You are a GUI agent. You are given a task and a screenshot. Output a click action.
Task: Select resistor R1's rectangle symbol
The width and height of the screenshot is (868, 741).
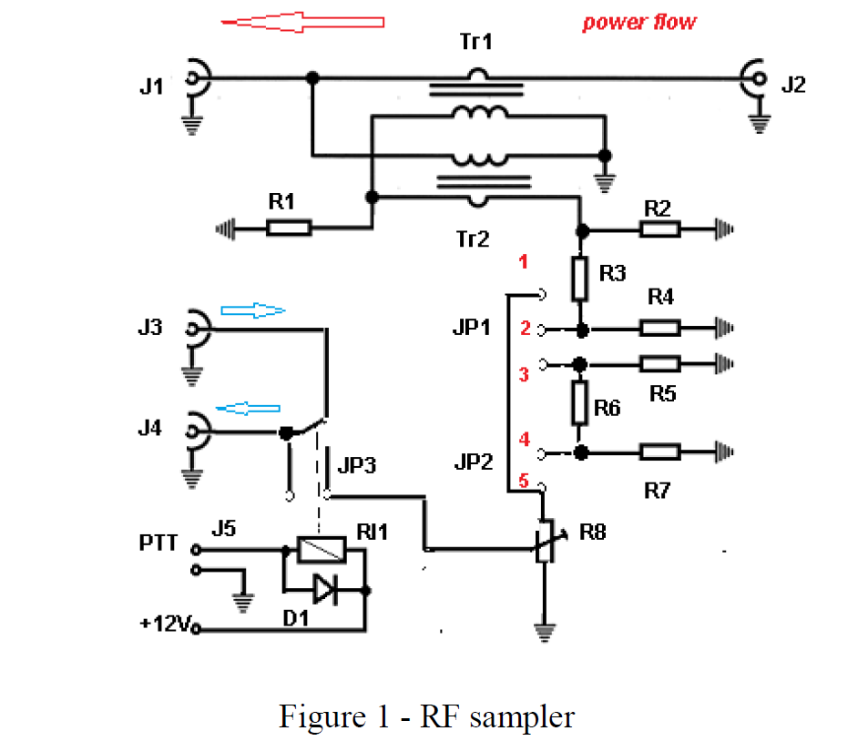(x=289, y=228)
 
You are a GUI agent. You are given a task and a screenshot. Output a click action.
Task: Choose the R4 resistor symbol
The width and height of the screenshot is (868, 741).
(x=659, y=328)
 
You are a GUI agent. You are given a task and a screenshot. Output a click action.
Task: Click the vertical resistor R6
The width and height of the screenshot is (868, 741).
(x=580, y=402)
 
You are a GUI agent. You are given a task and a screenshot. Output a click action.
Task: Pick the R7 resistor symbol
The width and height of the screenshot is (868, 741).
(x=659, y=452)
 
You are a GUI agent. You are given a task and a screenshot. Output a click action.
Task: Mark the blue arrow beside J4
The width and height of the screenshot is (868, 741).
(x=247, y=408)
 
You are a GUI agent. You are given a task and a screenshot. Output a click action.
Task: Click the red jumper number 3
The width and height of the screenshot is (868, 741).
(x=524, y=374)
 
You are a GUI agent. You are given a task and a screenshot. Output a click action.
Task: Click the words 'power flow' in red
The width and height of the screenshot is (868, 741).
(x=639, y=22)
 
